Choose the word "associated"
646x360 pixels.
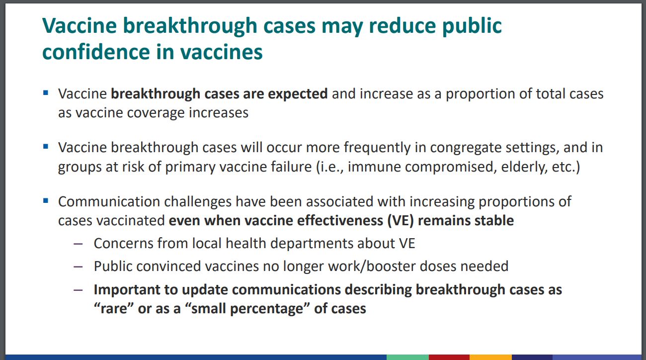339,202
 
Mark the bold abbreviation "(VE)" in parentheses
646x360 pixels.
401,221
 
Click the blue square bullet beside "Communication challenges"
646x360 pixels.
46,200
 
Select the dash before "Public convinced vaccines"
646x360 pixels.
78,267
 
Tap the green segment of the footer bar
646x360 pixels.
407,357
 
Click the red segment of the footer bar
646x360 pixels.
449,357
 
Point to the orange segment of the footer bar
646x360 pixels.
490,357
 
